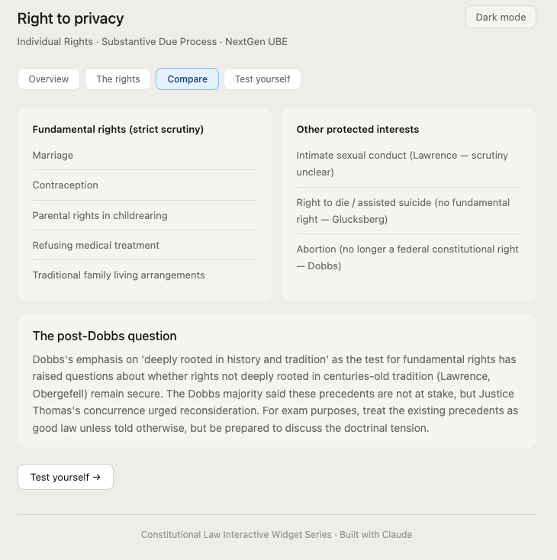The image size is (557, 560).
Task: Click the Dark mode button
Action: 501,17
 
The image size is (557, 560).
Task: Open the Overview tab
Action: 49,79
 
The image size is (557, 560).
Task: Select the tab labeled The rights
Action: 118,79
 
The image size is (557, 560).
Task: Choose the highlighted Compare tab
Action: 187,79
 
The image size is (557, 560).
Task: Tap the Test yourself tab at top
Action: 262,79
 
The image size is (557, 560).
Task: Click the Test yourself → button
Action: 66,477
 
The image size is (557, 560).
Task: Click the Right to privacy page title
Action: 70,18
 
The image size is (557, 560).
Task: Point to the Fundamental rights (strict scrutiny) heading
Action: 118,130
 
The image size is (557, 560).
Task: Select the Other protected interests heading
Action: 358,130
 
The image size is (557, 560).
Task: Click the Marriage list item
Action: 53,156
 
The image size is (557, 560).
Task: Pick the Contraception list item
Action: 65,185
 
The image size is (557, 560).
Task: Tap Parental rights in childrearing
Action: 100,216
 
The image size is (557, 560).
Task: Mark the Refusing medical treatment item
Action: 96,246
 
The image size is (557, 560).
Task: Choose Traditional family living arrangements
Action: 118,275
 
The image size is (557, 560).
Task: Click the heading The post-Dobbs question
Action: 105,336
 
